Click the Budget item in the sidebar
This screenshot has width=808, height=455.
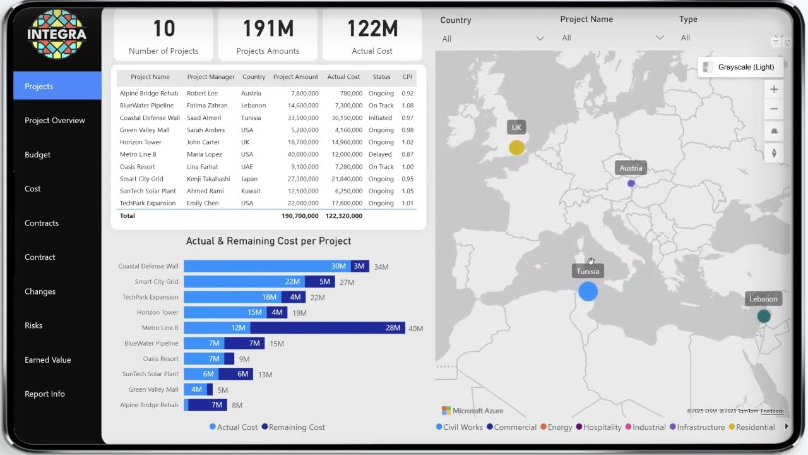pos(38,155)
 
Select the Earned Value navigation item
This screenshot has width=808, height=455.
pos(48,360)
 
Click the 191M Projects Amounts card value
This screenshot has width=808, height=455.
pos(268,29)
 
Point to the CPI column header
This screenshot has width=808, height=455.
pos(407,77)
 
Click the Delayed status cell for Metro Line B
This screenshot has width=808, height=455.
pos(381,154)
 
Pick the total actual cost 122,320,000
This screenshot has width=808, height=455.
pos(344,216)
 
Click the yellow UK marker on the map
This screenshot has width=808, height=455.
pos(516,148)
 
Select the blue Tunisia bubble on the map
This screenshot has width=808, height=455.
pos(588,291)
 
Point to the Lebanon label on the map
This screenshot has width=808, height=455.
pos(763,299)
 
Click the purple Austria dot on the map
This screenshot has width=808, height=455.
pos(631,183)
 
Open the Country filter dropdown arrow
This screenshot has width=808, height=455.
pos(540,39)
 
